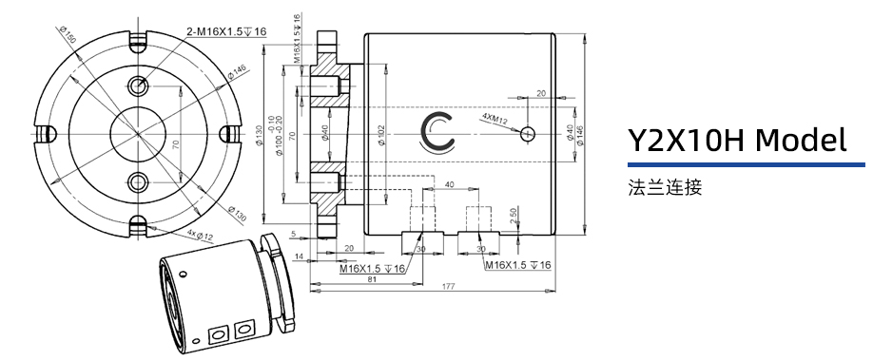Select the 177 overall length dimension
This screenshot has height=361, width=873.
pos(447,286)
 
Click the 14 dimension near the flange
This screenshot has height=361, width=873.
pos(299,257)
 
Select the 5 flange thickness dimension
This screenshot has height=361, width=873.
pos(294,233)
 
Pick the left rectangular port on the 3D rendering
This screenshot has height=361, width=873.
pos(217,334)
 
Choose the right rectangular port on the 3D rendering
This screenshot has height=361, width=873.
pos(244,329)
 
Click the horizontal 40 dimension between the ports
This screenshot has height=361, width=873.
pos(448,183)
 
